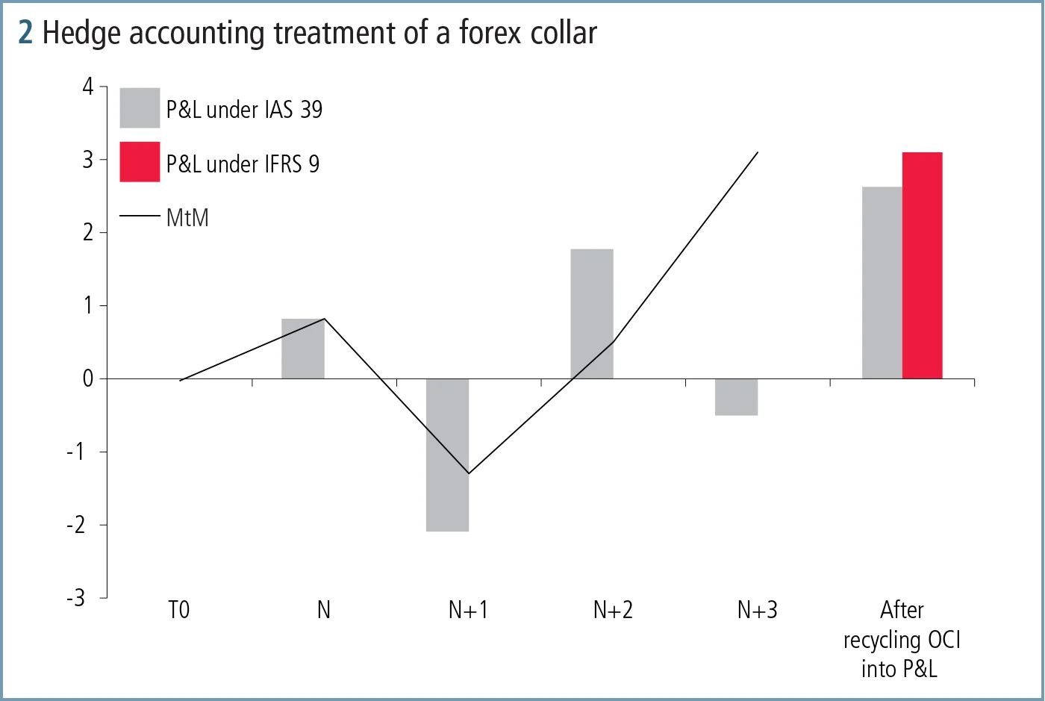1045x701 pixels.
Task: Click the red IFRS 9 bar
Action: coord(923,265)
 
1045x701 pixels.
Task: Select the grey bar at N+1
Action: coord(447,455)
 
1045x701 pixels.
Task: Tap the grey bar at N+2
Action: coord(592,314)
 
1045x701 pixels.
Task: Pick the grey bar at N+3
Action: coord(736,396)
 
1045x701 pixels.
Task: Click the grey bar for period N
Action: coord(302,349)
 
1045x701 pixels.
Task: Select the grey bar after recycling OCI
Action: coord(882,282)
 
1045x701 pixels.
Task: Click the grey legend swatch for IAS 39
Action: coord(140,108)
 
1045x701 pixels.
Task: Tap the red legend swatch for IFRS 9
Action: coord(140,162)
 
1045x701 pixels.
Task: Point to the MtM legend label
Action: coord(187,218)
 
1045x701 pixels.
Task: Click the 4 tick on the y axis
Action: coord(89,87)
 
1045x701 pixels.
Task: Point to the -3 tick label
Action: coord(76,598)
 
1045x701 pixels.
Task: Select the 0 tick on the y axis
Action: coord(89,378)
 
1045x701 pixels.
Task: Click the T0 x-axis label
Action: coord(179,611)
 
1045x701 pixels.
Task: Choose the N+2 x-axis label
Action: coord(613,611)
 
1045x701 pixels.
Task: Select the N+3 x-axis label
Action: coord(757,611)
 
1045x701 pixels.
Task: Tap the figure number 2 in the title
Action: coord(25,33)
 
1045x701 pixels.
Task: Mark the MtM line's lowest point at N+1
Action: coord(468,473)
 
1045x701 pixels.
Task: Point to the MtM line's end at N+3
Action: coord(758,152)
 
